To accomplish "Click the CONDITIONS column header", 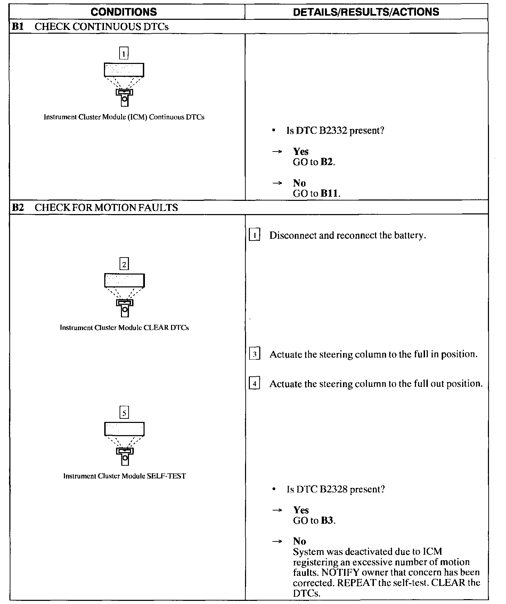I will tap(124, 12).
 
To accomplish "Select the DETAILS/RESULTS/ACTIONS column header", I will tap(366, 12).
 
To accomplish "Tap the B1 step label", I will tap(18, 27).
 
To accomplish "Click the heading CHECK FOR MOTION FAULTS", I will tap(106, 207).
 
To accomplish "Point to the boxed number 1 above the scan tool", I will tap(124, 54).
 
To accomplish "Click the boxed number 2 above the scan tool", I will tap(124, 264).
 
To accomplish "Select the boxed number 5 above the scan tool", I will tap(124, 413).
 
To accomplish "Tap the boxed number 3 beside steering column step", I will tap(255, 354).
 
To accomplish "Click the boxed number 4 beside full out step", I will tap(255, 384).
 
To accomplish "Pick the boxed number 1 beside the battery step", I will tap(255, 236).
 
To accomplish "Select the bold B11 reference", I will tap(329, 194).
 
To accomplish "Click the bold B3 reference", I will tap(327, 521).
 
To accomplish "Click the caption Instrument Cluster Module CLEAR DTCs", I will tap(124, 328).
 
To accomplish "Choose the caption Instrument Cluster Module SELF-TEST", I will tap(124, 476).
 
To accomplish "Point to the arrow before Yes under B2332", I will tap(277, 152).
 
